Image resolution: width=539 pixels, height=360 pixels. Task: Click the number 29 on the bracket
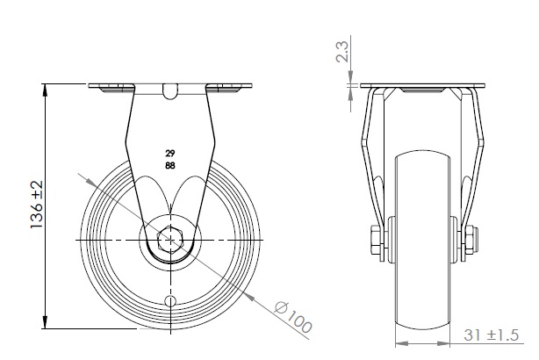169,151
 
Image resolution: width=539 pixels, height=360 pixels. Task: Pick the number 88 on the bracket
169,163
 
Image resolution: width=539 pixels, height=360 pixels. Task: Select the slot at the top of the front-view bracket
170,90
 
